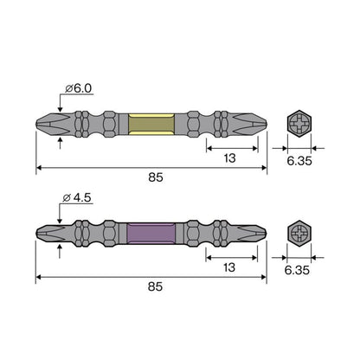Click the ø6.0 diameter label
point(79,88)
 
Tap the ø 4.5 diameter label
point(77,197)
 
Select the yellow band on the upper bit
point(151,124)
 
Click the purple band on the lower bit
point(151,233)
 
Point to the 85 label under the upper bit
point(156,177)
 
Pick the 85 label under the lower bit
point(155,286)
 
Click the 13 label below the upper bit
point(229,158)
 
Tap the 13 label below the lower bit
point(229,267)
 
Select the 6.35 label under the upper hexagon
point(299,161)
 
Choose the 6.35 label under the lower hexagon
point(297,270)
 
